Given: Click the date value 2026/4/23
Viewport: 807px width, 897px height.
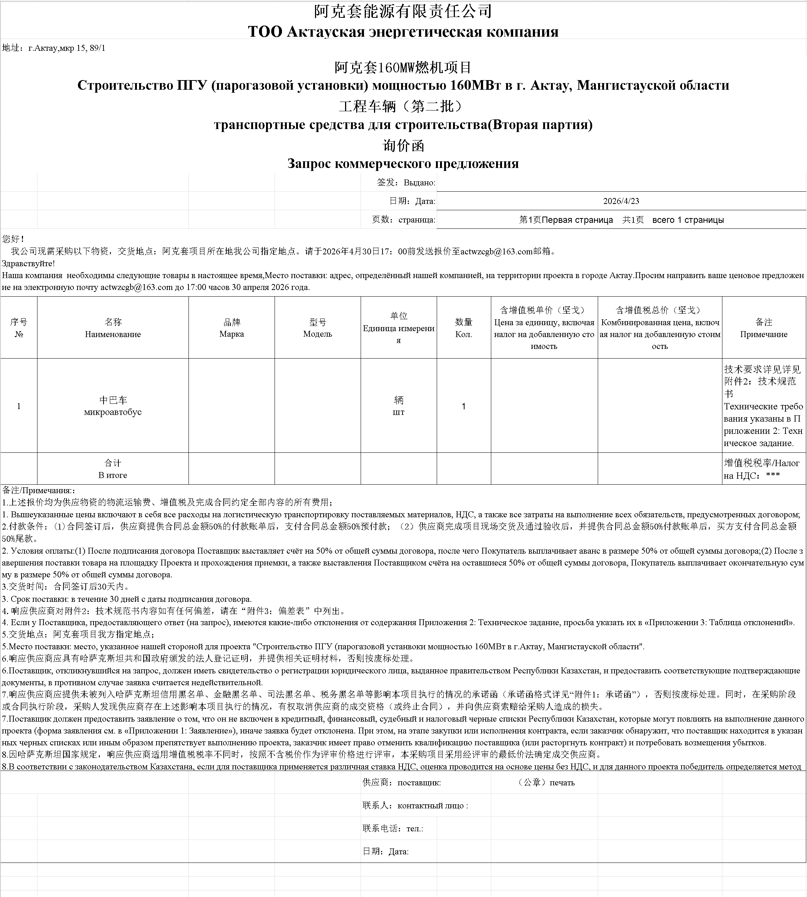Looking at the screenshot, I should pyautogui.click(x=621, y=201).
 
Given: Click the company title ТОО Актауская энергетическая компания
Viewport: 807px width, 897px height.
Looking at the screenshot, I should pyautogui.click(x=403, y=32).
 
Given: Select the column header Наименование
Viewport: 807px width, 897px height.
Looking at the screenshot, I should pyautogui.click(x=113, y=334).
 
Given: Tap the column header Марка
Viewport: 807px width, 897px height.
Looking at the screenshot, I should pyautogui.click(x=232, y=334).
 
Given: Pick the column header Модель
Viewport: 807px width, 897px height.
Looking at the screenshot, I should pyautogui.click(x=318, y=334).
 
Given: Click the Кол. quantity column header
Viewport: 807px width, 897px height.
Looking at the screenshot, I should pyautogui.click(x=463, y=334).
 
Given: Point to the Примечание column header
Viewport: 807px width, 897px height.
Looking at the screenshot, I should pyautogui.click(x=764, y=334).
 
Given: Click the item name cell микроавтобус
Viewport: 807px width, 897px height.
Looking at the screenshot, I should pyautogui.click(x=113, y=412).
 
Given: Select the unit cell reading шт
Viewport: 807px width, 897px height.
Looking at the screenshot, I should pyautogui.click(x=398, y=412).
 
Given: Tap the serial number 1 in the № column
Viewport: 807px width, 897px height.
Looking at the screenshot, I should pyautogui.click(x=19, y=406).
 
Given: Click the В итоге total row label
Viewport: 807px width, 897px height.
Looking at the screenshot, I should pyautogui.click(x=113, y=475).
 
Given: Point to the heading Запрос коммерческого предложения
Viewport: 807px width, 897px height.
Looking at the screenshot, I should pyautogui.click(x=403, y=164).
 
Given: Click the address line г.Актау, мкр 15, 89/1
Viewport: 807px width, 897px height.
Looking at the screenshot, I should pyautogui.click(x=66, y=48).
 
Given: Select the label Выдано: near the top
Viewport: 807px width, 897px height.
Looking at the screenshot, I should pyautogui.click(x=419, y=182).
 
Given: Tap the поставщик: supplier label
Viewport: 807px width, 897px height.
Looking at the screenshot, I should pyautogui.click(x=419, y=783).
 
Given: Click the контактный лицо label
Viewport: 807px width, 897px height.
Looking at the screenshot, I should pyautogui.click(x=432, y=806).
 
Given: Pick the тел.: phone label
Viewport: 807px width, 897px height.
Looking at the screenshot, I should pyautogui.click(x=414, y=828).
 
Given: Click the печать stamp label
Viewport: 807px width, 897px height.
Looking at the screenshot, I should pyautogui.click(x=562, y=783).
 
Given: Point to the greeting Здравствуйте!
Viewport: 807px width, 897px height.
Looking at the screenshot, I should pyautogui.click(x=28, y=263).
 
